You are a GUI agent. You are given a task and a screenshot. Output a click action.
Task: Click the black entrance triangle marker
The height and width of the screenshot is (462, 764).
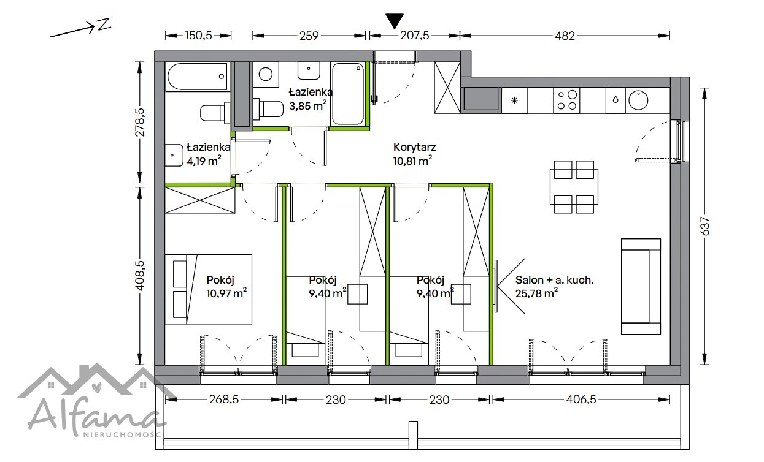click(x=395, y=21)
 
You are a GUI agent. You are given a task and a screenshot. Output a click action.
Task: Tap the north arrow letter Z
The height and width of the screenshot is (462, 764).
click(x=104, y=24)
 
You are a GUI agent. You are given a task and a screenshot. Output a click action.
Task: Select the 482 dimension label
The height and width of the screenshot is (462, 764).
click(x=565, y=36)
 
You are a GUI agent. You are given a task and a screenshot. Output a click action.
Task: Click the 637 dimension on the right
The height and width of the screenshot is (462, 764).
click(x=704, y=226)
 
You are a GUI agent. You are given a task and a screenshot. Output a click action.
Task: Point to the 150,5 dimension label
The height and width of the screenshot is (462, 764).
click(x=198, y=36)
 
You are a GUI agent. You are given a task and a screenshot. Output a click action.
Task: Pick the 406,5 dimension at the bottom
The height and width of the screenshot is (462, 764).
click(x=581, y=400)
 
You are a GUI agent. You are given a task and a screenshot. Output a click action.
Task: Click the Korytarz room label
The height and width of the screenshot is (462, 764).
click(x=414, y=147)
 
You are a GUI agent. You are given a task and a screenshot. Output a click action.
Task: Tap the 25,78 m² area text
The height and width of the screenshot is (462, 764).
click(x=536, y=293)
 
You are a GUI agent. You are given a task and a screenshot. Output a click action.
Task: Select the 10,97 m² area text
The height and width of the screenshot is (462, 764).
click(x=226, y=293)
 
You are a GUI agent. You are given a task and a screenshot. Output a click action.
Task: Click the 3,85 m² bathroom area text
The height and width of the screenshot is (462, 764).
click(x=307, y=105)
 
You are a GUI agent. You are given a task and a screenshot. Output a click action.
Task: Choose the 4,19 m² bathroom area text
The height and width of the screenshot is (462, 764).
click(x=204, y=161)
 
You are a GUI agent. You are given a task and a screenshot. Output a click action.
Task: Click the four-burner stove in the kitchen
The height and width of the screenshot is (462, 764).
click(x=566, y=100)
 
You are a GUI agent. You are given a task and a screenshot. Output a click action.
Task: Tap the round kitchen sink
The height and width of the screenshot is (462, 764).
click(x=638, y=100)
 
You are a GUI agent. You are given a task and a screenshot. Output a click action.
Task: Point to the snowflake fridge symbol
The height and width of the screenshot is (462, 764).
click(x=514, y=100)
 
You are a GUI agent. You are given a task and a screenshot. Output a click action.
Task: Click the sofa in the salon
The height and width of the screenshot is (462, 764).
click(x=641, y=286)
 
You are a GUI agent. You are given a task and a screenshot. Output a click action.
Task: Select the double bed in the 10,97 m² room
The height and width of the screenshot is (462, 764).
click(x=209, y=289)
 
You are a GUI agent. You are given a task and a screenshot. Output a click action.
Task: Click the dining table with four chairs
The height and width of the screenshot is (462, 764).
click(x=574, y=187)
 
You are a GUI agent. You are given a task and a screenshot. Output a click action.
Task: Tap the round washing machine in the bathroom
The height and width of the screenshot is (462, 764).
click(x=265, y=74)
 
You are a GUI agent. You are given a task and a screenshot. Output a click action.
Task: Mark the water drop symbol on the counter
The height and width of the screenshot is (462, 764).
click(x=615, y=100)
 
